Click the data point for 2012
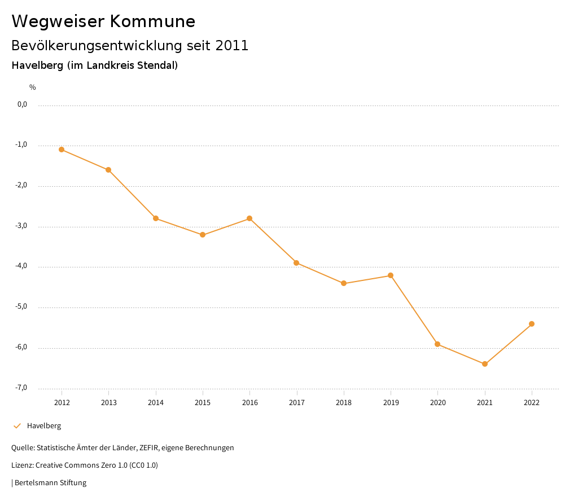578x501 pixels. point(62,150)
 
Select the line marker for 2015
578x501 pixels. point(203,235)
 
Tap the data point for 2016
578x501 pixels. point(249,218)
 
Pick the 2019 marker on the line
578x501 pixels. point(391,275)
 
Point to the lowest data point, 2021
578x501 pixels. point(485,364)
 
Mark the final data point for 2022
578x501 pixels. point(532,324)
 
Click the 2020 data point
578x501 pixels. point(437,344)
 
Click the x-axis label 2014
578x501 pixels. point(156,402)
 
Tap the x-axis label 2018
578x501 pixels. point(344,402)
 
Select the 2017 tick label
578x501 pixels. point(297,402)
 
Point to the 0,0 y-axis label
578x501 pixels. point(22,104)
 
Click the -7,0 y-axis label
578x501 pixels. point(21,388)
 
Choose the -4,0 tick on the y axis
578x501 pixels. point(21,266)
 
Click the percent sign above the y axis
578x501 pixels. point(33,87)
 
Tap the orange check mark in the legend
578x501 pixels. point(17,426)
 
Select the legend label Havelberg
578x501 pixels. point(44,426)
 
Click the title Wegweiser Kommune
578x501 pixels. point(103,21)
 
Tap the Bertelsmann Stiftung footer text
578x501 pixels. point(50,483)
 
